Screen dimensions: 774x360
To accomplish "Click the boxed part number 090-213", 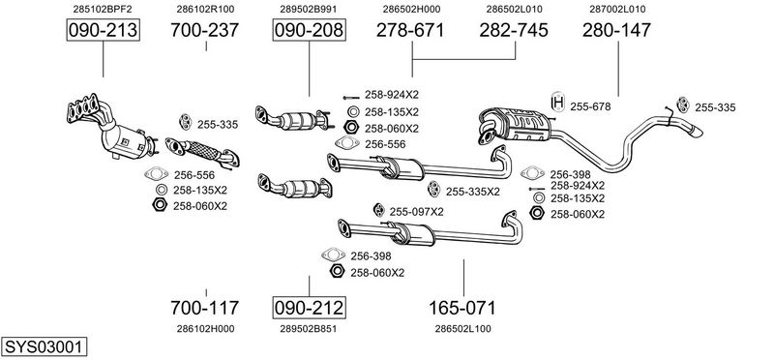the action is pyautogui.click(x=104, y=30).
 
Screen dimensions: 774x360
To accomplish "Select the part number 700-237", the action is pyautogui.click(x=205, y=30).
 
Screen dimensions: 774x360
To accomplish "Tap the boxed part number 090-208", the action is pyautogui.click(x=309, y=30).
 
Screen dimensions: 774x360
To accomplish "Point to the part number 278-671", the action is pyautogui.click(x=410, y=30).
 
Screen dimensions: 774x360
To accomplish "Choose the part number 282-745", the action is pyautogui.click(x=514, y=30).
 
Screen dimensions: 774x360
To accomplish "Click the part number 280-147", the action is pyautogui.click(x=616, y=30).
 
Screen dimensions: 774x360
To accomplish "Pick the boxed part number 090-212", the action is pyautogui.click(x=309, y=308).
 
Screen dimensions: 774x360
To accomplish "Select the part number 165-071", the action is pyautogui.click(x=462, y=308).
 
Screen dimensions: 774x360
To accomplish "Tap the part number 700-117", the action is pyautogui.click(x=205, y=308).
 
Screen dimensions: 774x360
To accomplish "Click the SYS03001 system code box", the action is pyautogui.click(x=44, y=346).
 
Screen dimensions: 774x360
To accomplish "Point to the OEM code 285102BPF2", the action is pyautogui.click(x=103, y=9).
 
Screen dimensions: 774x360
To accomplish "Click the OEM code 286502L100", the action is pyautogui.click(x=463, y=329).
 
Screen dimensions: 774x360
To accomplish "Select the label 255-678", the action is pyautogui.click(x=590, y=106).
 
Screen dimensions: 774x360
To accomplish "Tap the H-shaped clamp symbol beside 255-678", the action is pyautogui.click(x=558, y=103).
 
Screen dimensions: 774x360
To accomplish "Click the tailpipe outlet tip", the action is pyautogui.click(x=695, y=132).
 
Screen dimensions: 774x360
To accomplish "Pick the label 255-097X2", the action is pyautogui.click(x=417, y=212).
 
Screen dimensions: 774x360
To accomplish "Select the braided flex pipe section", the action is pyautogui.click(x=202, y=150).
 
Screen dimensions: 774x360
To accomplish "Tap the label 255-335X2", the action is pyautogui.click(x=473, y=192).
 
